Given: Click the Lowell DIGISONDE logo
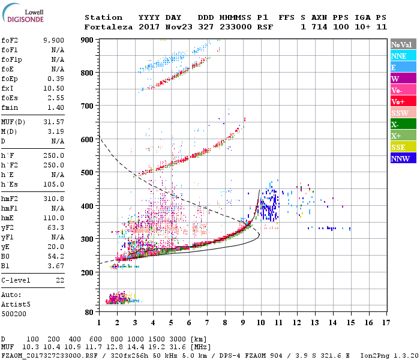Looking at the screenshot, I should tap(22, 16).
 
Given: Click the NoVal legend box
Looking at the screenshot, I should tap(403, 44).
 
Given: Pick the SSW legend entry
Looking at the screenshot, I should tap(403, 113).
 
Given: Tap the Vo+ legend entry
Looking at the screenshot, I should tap(403, 101).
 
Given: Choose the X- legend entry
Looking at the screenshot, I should tap(403, 124).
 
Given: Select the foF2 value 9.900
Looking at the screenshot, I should tap(53, 40).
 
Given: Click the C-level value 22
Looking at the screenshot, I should tap(59, 280).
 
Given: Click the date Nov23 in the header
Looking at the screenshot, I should tap(178, 27).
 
